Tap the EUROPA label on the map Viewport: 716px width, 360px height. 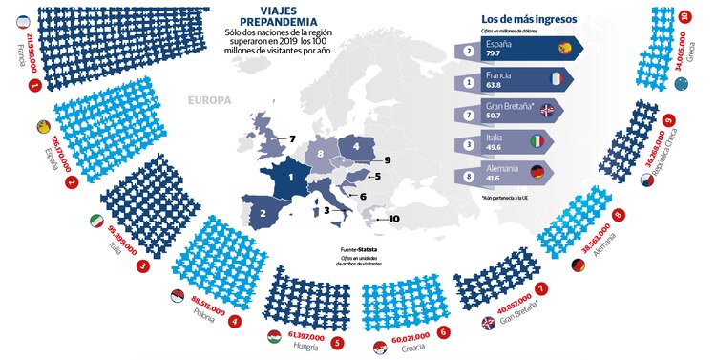tap(207, 99)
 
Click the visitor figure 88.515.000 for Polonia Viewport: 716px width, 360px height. tap(210, 303)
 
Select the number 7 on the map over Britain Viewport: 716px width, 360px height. tap(292, 139)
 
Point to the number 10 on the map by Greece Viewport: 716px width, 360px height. tap(393, 220)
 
